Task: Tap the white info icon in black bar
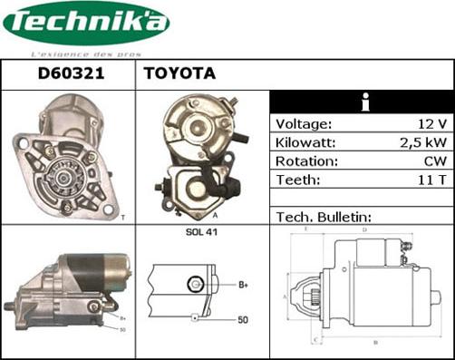pos(363,102)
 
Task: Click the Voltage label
pos(304,124)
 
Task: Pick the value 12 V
pos(435,124)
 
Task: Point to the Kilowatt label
pos(305,143)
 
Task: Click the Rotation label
pos(306,161)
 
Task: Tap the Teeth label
pos(296,180)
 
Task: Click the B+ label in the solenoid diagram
pos(244,285)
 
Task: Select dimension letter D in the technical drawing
pos(363,230)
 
